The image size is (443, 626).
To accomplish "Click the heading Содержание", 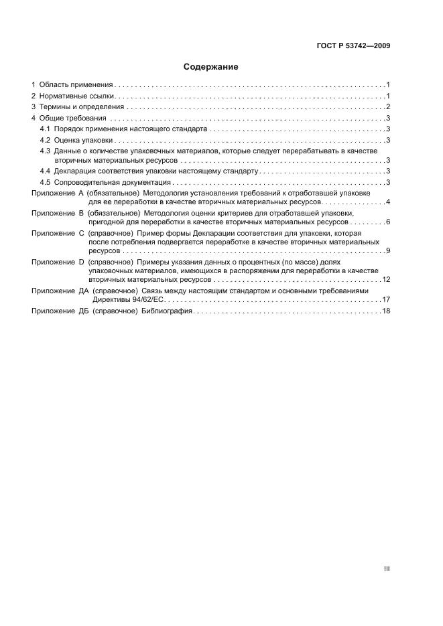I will click(x=211, y=67).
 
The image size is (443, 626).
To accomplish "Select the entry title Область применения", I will click(x=76, y=85).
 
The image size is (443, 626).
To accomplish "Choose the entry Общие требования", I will click(x=72, y=118).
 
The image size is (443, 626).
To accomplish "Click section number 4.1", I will click(x=45, y=129).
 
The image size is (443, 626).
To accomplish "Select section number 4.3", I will click(x=45, y=151).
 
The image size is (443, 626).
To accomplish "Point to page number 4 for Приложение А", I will click(x=388, y=202).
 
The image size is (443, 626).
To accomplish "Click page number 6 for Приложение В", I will click(x=388, y=221).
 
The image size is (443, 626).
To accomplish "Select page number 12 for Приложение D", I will click(x=386, y=279).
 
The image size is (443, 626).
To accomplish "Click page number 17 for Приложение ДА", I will click(x=386, y=299).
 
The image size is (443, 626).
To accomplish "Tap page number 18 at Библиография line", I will click(x=386, y=311).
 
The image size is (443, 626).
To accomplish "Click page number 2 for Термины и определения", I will click(x=388, y=107).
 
